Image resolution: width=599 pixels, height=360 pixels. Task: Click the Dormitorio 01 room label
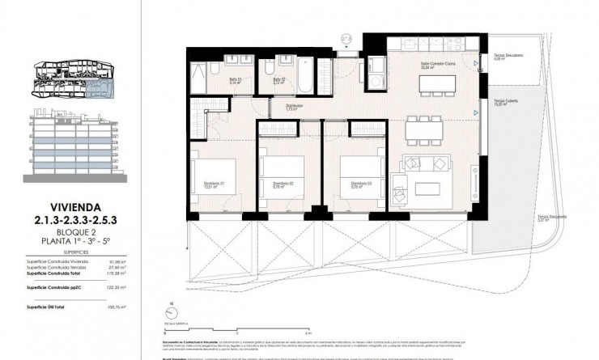click(x=213, y=184)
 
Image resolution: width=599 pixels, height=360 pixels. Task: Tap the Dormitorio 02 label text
click(x=282, y=184)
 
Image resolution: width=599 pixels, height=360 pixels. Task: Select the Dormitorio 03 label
click(x=350, y=184)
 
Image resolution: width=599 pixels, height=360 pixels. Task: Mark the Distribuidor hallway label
click(x=294, y=106)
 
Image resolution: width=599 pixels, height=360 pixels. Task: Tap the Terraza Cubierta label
click(x=507, y=101)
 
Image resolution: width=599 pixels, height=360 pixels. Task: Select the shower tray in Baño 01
click(x=200, y=78)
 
